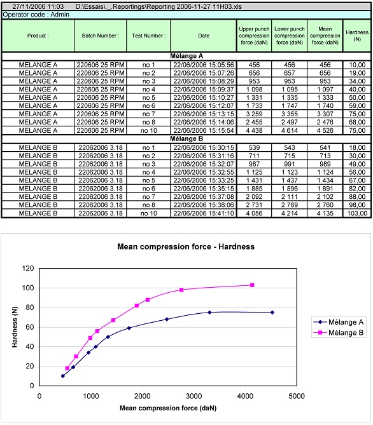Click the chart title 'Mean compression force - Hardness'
(x=186, y=246)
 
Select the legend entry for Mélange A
(x=339, y=322)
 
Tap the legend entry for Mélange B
(x=339, y=333)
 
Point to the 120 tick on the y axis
(x=28, y=268)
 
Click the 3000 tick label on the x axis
(x=194, y=396)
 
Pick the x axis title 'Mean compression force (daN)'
(x=168, y=408)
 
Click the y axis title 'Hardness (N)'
(x=15, y=327)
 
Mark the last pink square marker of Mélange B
(x=252, y=285)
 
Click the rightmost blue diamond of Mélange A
(x=272, y=313)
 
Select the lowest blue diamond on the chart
(x=63, y=376)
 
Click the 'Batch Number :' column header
(x=100, y=36)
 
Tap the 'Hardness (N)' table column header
(x=357, y=36)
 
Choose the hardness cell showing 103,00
(x=357, y=213)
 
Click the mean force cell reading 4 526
(x=325, y=131)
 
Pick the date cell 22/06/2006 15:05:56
(x=204, y=65)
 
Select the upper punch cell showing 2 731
(x=254, y=205)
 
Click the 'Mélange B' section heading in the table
(x=186, y=138)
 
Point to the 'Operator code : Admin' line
(x=36, y=15)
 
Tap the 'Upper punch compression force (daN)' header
(x=254, y=36)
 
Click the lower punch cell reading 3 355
(x=290, y=114)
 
